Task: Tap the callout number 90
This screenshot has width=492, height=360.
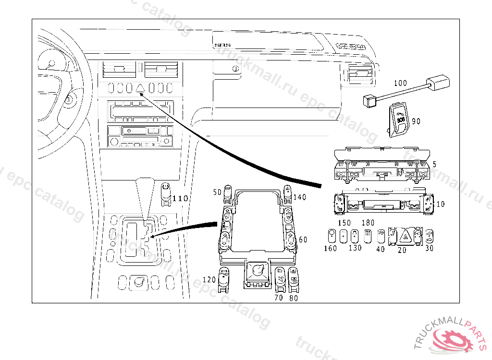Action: click(x=416, y=121)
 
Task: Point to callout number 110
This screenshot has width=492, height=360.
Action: click(x=180, y=198)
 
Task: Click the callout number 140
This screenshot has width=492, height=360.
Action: click(x=300, y=197)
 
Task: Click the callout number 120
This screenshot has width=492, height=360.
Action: click(x=209, y=279)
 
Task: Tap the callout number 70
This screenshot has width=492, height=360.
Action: click(x=279, y=298)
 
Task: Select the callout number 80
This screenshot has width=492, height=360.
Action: click(x=293, y=298)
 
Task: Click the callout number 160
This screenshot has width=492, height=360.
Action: click(x=330, y=248)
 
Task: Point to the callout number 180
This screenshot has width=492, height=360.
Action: click(x=368, y=223)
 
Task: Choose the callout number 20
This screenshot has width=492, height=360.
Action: click(x=402, y=250)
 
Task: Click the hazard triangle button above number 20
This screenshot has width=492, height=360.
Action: click(x=405, y=236)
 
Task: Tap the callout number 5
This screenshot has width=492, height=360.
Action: click(x=434, y=164)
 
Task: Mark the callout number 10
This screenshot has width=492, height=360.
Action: click(x=440, y=204)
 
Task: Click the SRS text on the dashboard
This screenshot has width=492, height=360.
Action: click(x=222, y=45)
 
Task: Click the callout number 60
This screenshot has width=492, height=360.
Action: click(x=303, y=240)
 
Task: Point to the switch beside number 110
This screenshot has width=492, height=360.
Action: click(x=166, y=193)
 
